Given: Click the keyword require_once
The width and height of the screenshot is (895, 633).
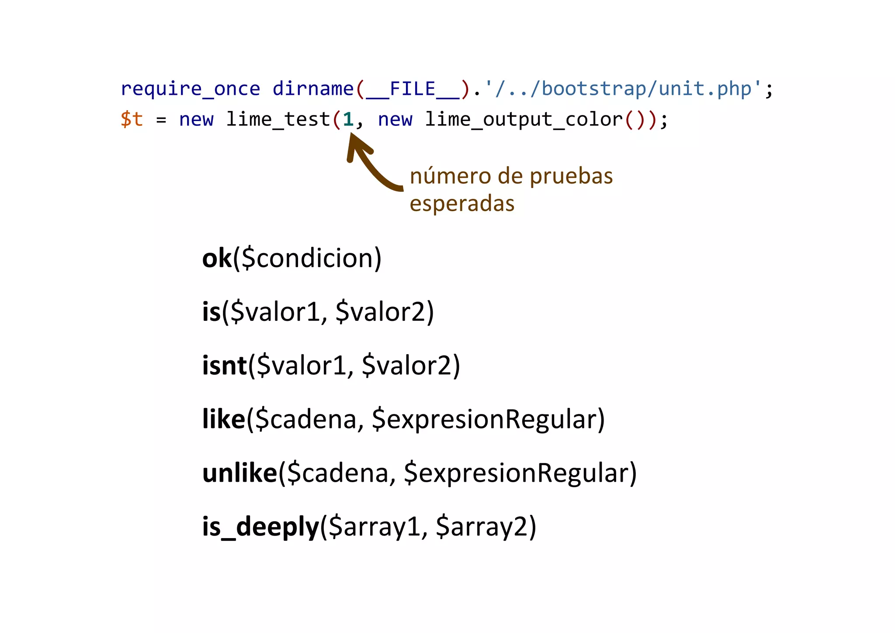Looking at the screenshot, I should [x=190, y=89].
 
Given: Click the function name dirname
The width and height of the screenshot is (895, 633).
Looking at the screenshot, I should [x=313, y=89].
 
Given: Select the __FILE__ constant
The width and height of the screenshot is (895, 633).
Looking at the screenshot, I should [x=413, y=89].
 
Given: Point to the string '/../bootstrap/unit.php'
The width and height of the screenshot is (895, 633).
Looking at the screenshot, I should [x=623, y=89].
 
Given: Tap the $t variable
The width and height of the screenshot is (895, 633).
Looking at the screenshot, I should [x=132, y=119].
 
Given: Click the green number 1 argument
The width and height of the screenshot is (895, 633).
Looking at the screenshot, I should [x=348, y=119].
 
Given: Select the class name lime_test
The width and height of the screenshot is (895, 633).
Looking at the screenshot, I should [x=278, y=119].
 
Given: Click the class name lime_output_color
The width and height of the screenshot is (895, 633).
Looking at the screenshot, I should [x=524, y=119].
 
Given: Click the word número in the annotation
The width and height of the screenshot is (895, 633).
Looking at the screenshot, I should [x=450, y=176].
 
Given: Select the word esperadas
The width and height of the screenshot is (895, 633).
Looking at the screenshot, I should [x=462, y=204].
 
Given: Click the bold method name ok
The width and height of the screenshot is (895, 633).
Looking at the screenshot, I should [x=217, y=258].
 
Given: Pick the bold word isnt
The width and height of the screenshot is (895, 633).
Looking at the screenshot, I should [x=224, y=365].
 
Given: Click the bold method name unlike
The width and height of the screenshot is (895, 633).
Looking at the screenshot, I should [x=239, y=473].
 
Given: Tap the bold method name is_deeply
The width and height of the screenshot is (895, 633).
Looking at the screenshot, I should [x=260, y=527].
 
